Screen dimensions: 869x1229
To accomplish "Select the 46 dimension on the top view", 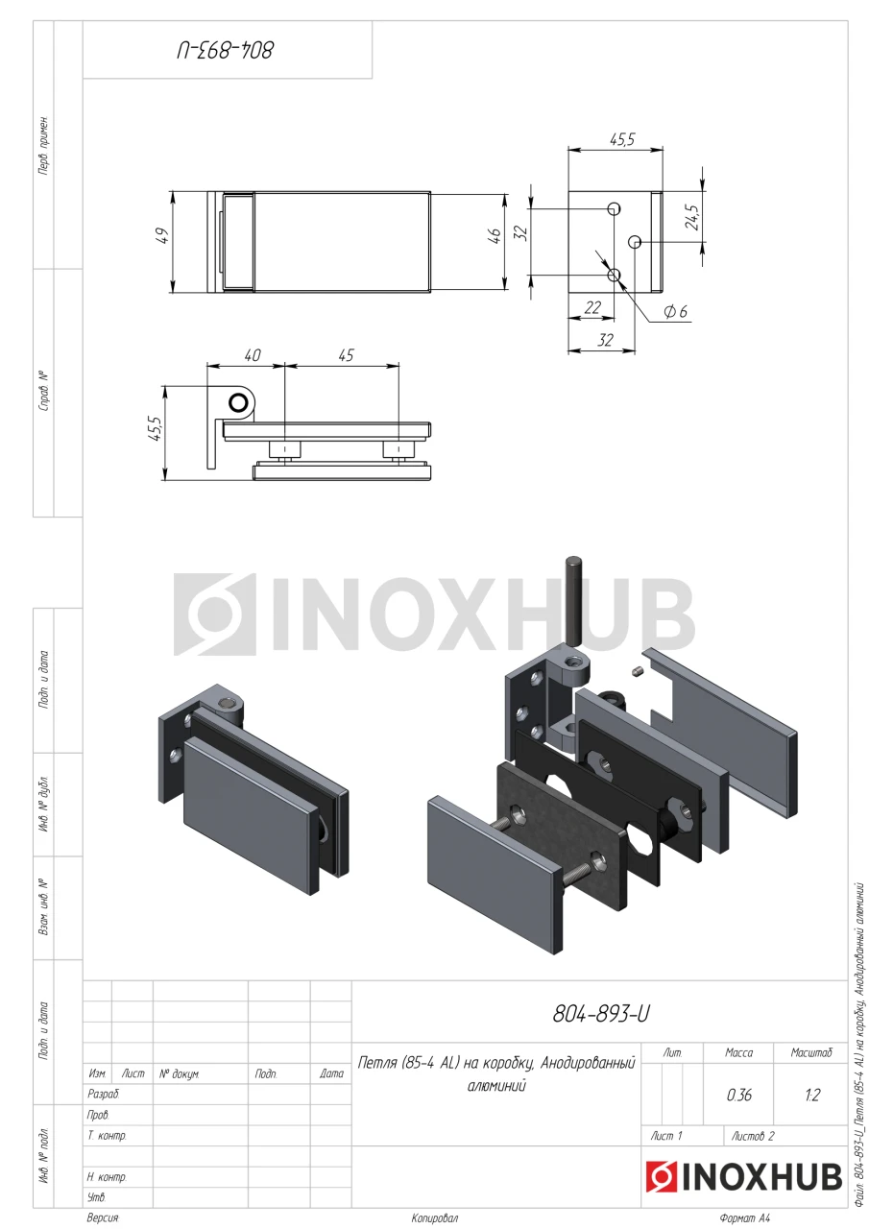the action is (495, 235).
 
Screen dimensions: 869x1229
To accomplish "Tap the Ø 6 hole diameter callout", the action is (675, 312).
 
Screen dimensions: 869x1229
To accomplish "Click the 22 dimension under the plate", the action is (592, 307).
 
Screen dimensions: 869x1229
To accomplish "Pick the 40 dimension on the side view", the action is (252, 355).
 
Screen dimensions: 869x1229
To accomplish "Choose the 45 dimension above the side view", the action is (346, 355).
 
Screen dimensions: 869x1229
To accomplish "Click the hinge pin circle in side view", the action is (239, 403).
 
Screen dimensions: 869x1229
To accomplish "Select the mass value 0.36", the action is (739, 1096).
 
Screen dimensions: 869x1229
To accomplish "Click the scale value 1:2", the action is (812, 1096).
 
